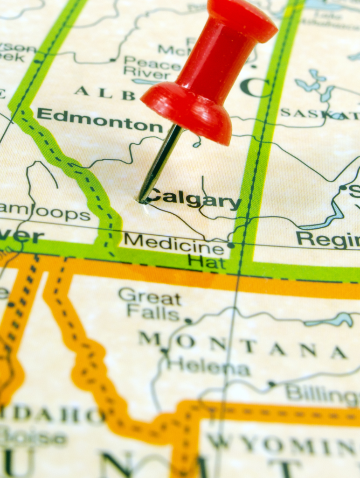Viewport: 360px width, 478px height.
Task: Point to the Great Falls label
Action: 150,304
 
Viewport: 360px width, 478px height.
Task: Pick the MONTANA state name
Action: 243,346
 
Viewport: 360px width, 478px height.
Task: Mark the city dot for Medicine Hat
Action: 230,245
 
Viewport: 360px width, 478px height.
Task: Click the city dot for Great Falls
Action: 188,321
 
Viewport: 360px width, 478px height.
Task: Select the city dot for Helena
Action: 164,351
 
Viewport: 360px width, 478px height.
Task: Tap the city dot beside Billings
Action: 272,384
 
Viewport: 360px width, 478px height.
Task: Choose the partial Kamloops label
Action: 45,212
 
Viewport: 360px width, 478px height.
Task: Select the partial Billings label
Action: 322,394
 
